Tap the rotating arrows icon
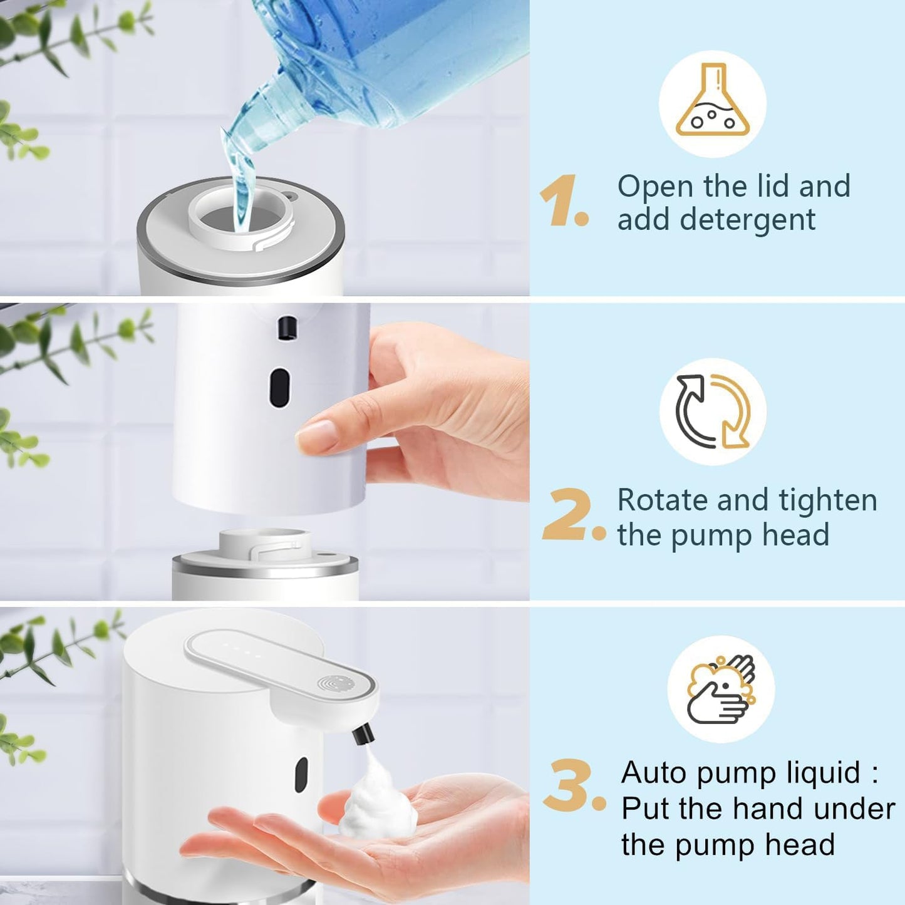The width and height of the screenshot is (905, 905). (713, 411)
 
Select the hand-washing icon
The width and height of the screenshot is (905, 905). (721, 690)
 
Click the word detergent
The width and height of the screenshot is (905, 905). (748, 220)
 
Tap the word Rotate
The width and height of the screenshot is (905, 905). (661, 500)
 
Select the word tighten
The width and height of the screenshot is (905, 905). (827, 500)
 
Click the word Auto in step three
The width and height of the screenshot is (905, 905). (654, 772)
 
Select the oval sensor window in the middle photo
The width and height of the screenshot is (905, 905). (280, 387)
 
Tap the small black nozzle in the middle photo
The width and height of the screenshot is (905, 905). (287, 328)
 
